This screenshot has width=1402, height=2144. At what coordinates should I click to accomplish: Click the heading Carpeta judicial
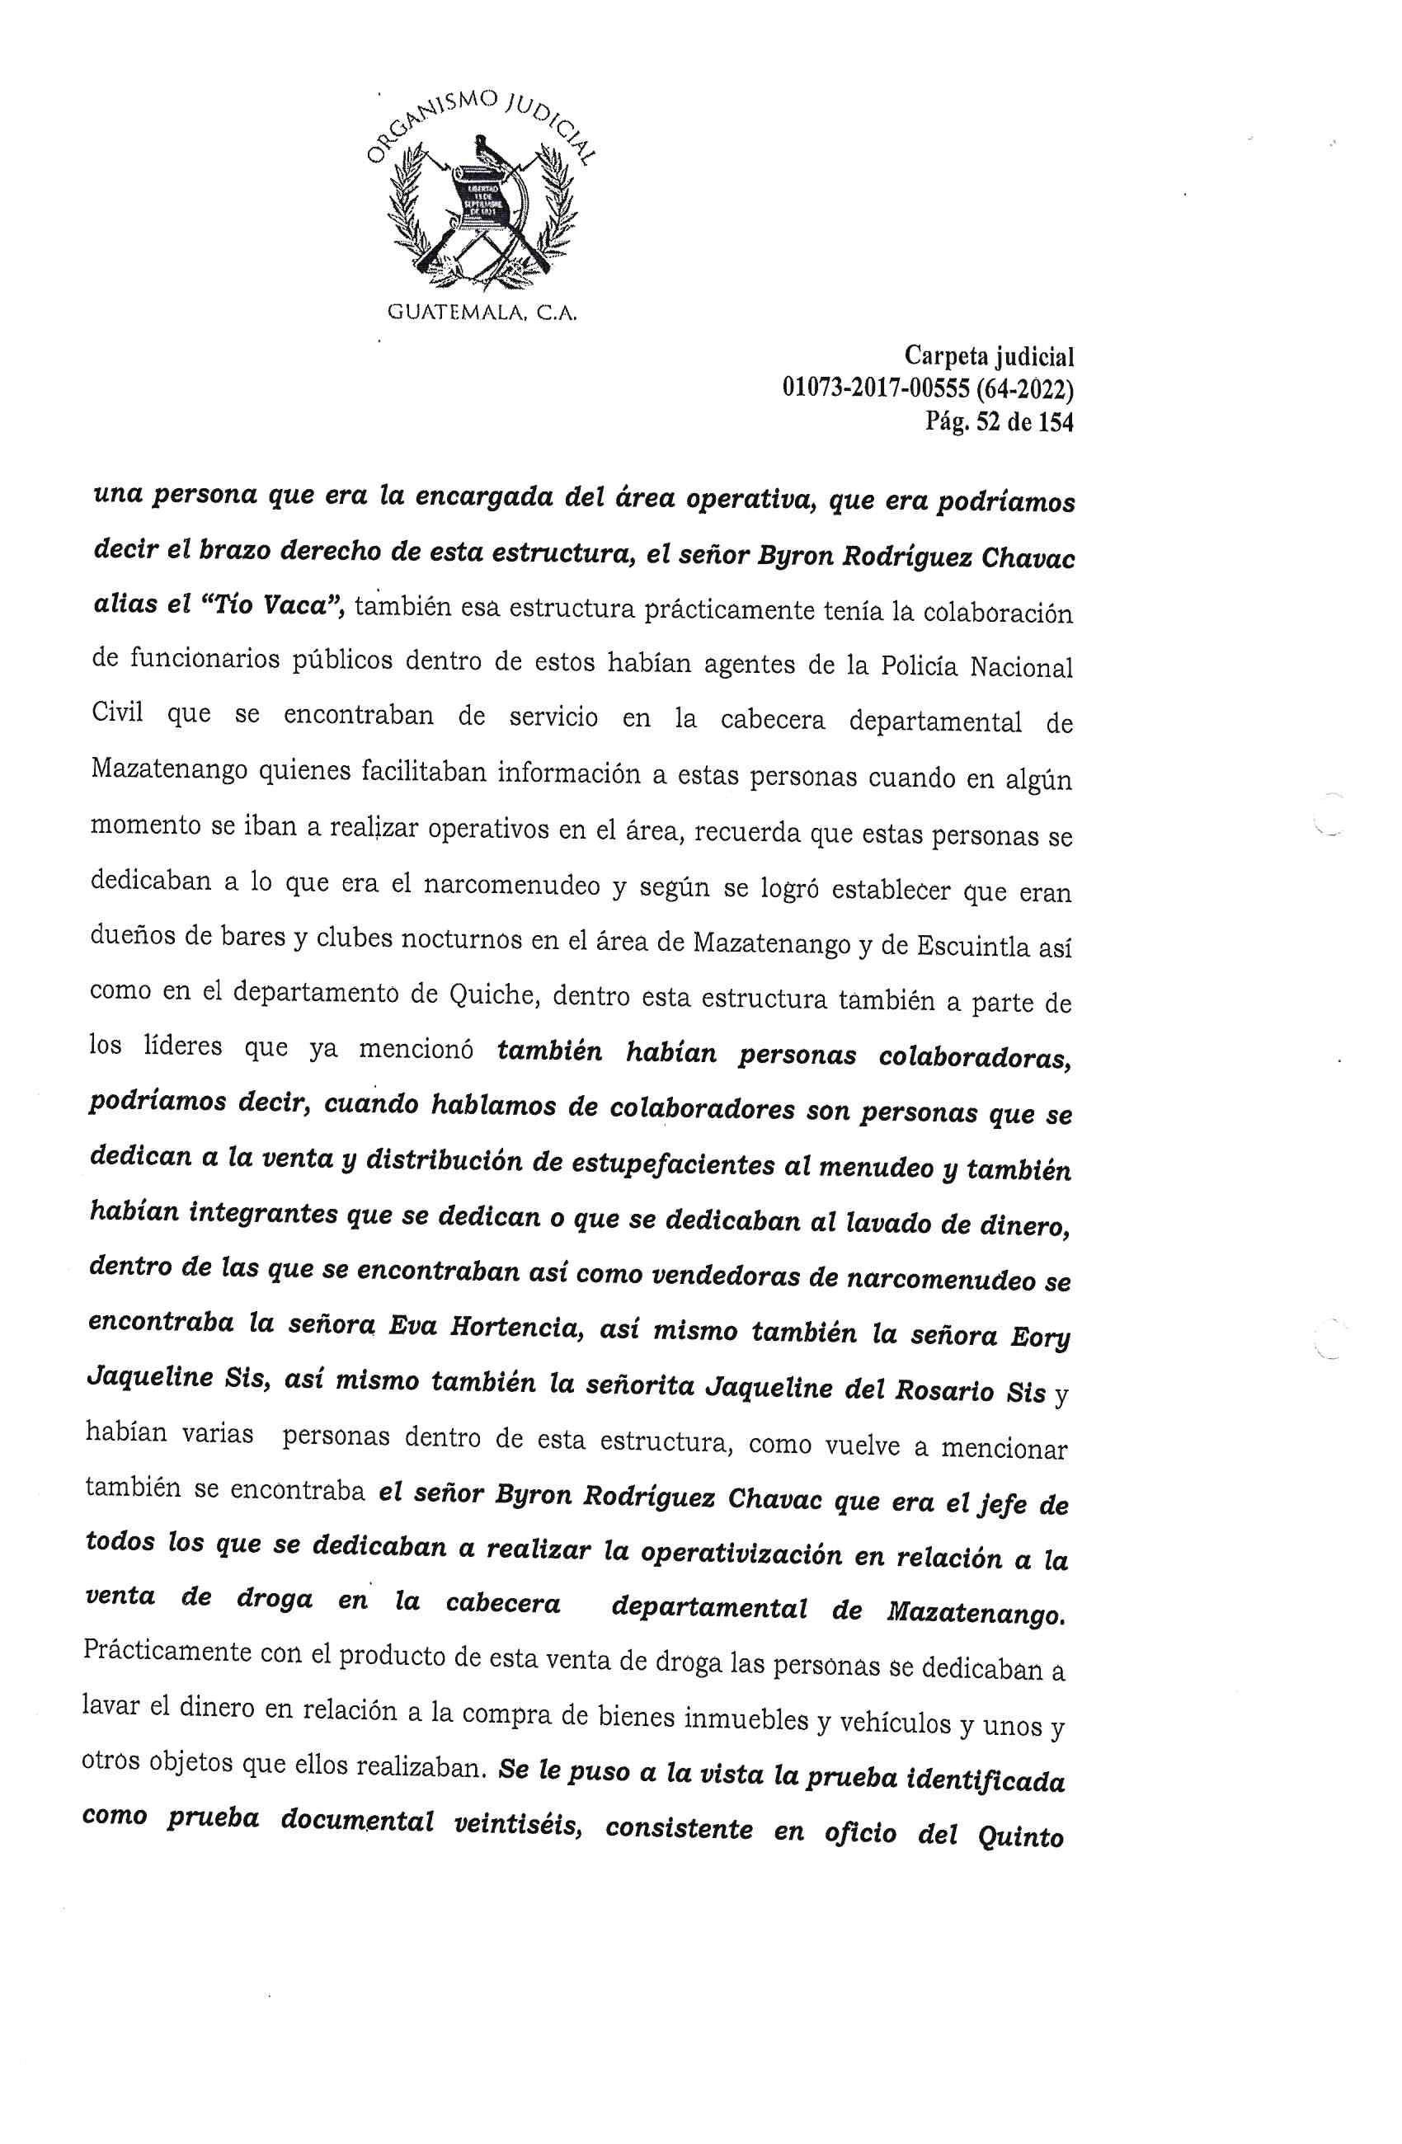click(x=989, y=357)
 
